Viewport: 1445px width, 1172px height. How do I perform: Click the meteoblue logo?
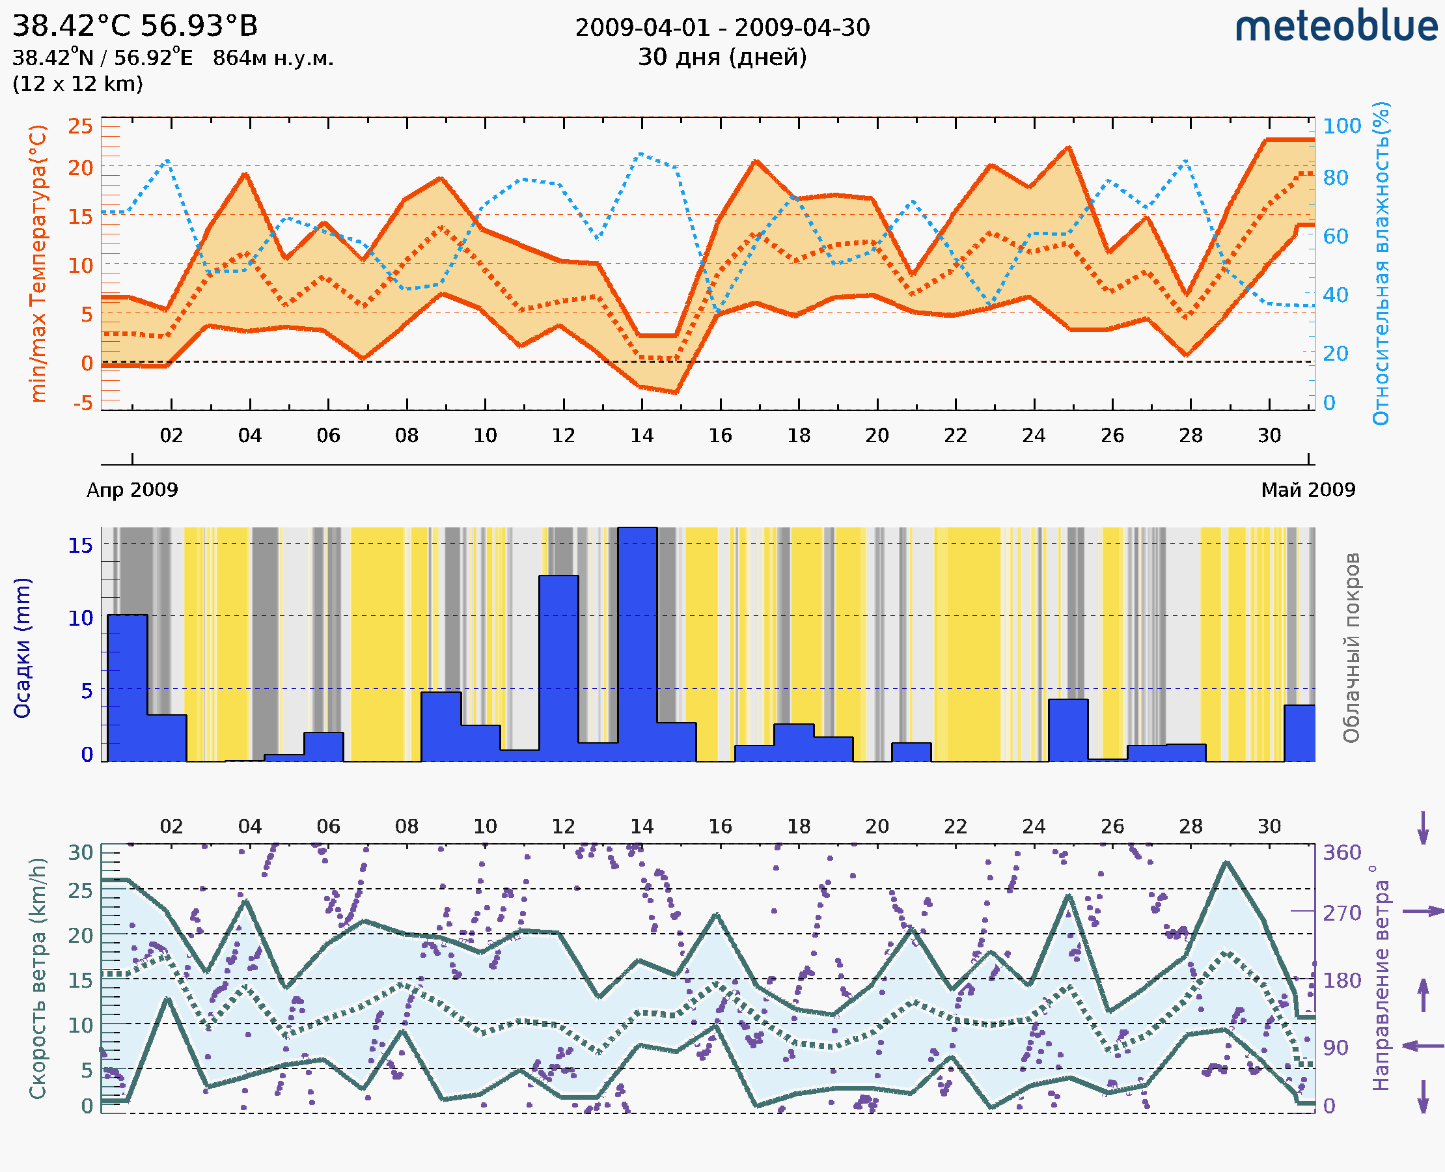point(1336,27)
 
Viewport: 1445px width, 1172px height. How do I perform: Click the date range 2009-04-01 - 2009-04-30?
point(722,28)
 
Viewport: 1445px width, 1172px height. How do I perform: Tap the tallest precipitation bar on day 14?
point(637,645)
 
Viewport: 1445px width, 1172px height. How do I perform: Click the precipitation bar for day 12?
point(558,668)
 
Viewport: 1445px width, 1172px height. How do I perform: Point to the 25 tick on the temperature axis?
point(80,126)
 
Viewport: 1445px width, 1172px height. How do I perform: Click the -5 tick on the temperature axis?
point(83,403)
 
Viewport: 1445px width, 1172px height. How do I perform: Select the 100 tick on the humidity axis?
point(1341,126)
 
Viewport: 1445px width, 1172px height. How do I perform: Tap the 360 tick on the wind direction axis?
point(1342,852)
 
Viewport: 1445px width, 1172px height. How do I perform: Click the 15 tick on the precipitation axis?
point(81,545)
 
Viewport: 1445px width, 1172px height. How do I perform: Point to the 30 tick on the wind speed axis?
point(81,852)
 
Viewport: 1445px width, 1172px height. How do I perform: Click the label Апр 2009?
point(132,490)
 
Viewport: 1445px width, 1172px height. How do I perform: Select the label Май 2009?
point(1308,490)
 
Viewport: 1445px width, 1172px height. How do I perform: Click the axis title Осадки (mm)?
point(22,648)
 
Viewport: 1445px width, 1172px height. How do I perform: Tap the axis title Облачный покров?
point(1351,648)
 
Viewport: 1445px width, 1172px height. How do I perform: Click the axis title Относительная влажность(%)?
point(1381,263)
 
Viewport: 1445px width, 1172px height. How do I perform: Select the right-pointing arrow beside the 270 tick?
point(1423,912)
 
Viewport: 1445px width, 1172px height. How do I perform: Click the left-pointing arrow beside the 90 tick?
point(1423,1046)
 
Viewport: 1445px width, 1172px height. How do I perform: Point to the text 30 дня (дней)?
point(722,57)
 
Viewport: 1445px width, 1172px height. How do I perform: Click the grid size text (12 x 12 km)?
point(77,85)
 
